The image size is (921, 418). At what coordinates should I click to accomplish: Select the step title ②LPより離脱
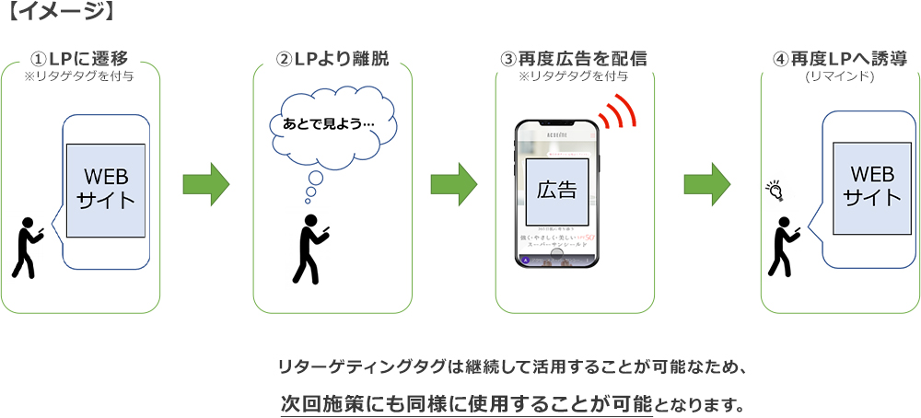point(332,59)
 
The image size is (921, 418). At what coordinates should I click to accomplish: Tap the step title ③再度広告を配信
point(574,59)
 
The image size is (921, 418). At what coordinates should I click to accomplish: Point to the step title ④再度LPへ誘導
point(840,59)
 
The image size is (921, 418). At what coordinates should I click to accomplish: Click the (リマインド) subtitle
point(840,76)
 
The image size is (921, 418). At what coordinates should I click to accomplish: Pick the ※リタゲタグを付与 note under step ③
point(574,76)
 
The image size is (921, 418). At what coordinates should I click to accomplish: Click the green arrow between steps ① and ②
point(205,183)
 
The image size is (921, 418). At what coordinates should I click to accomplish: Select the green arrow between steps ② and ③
point(454,183)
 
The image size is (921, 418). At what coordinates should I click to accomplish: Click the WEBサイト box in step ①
point(106,190)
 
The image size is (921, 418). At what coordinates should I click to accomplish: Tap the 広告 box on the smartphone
point(556,191)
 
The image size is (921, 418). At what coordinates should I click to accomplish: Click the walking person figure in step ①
point(27,247)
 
